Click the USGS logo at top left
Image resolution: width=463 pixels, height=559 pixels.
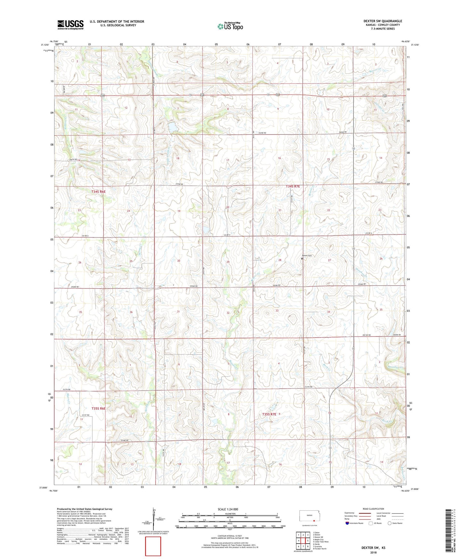[x=70, y=25]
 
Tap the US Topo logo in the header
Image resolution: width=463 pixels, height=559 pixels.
[x=230, y=26]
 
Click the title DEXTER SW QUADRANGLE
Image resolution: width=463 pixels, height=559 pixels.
[x=383, y=21]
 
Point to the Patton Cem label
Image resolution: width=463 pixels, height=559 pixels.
[x=307, y=255]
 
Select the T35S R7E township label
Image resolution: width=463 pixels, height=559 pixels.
[x=269, y=414]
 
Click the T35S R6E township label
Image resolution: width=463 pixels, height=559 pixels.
[x=98, y=408]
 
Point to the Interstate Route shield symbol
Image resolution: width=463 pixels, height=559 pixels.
[x=347, y=523]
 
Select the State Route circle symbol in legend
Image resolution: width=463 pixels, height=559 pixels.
[x=390, y=523]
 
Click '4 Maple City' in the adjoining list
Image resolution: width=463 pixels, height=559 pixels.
[x=319, y=539]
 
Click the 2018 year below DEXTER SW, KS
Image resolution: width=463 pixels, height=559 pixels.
[x=373, y=552]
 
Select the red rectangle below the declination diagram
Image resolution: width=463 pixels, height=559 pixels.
[x=153, y=546]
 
